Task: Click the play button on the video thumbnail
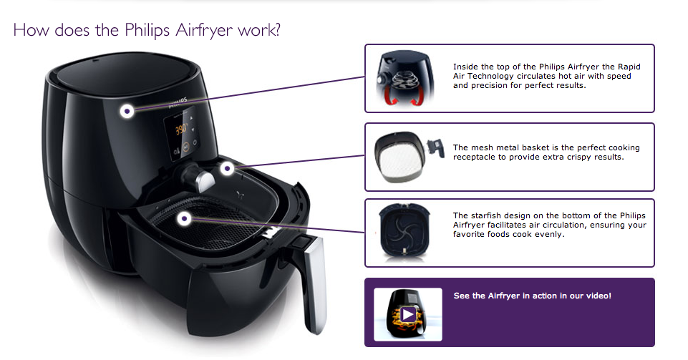point(408,314)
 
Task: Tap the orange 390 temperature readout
point(181,130)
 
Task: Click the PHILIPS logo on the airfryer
point(178,103)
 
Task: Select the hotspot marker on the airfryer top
point(127,111)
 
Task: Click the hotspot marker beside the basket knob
point(227,168)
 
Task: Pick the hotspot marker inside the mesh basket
point(185,218)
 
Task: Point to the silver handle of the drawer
point(314,283)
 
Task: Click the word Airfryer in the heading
point(204,30)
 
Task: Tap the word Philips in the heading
point(147,30)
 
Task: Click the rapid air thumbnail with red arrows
point(405,78)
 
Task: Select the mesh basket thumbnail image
point(409,157)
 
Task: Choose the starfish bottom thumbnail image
point(404,230)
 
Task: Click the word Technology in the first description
point(490,77)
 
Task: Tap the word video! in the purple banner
point(599,296)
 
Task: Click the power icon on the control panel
point(195,142)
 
